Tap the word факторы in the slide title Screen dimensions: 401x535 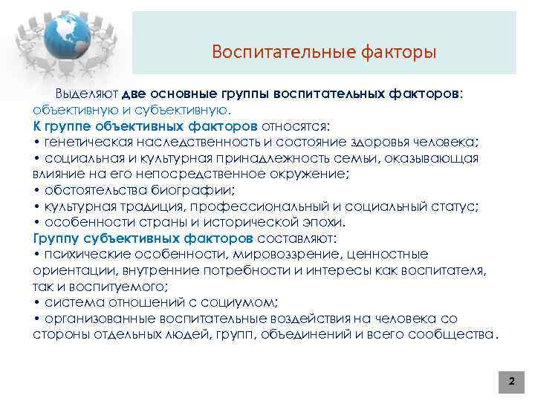pos(398,52)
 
